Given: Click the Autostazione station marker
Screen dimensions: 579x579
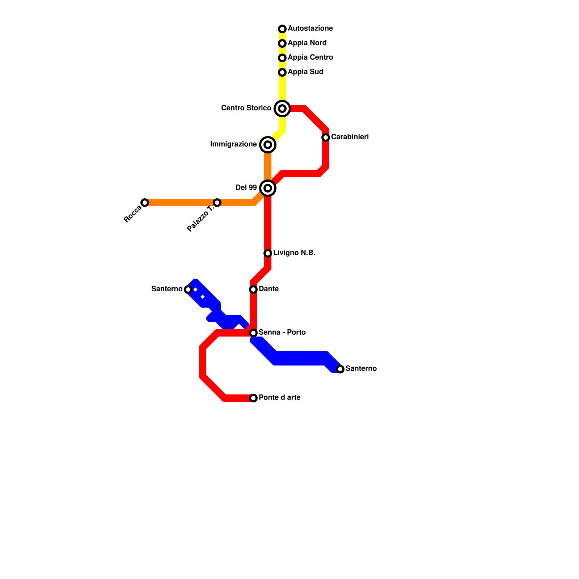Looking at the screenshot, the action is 282,29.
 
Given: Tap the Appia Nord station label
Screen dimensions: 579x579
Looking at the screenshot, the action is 307,43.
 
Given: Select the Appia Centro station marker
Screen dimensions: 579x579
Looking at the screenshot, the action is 282,58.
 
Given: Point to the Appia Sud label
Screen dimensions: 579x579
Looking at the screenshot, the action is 305,72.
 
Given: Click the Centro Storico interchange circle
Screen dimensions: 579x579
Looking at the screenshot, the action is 282,109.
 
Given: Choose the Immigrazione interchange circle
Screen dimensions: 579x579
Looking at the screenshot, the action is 268,145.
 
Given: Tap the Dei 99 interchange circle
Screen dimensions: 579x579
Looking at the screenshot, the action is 268,188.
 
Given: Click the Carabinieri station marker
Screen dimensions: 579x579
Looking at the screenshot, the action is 326,138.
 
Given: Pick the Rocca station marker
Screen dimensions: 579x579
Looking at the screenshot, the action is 145,203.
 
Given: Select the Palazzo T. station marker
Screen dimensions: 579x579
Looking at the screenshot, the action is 217,203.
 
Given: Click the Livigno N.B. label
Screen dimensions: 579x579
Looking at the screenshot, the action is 294,253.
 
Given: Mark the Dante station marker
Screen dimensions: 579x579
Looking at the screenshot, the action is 253,289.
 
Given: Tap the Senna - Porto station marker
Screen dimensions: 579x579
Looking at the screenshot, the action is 253,333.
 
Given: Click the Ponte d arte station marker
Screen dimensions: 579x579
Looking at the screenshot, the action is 253,398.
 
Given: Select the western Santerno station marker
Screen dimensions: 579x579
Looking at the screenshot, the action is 188,289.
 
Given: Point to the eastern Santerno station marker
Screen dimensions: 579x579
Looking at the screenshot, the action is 340,369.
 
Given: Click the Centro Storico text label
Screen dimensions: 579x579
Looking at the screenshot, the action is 246,108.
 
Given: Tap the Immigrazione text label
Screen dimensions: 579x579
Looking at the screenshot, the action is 233,144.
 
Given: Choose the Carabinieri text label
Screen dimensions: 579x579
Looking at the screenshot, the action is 350,137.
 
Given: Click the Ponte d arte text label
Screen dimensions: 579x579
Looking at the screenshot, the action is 279,398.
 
